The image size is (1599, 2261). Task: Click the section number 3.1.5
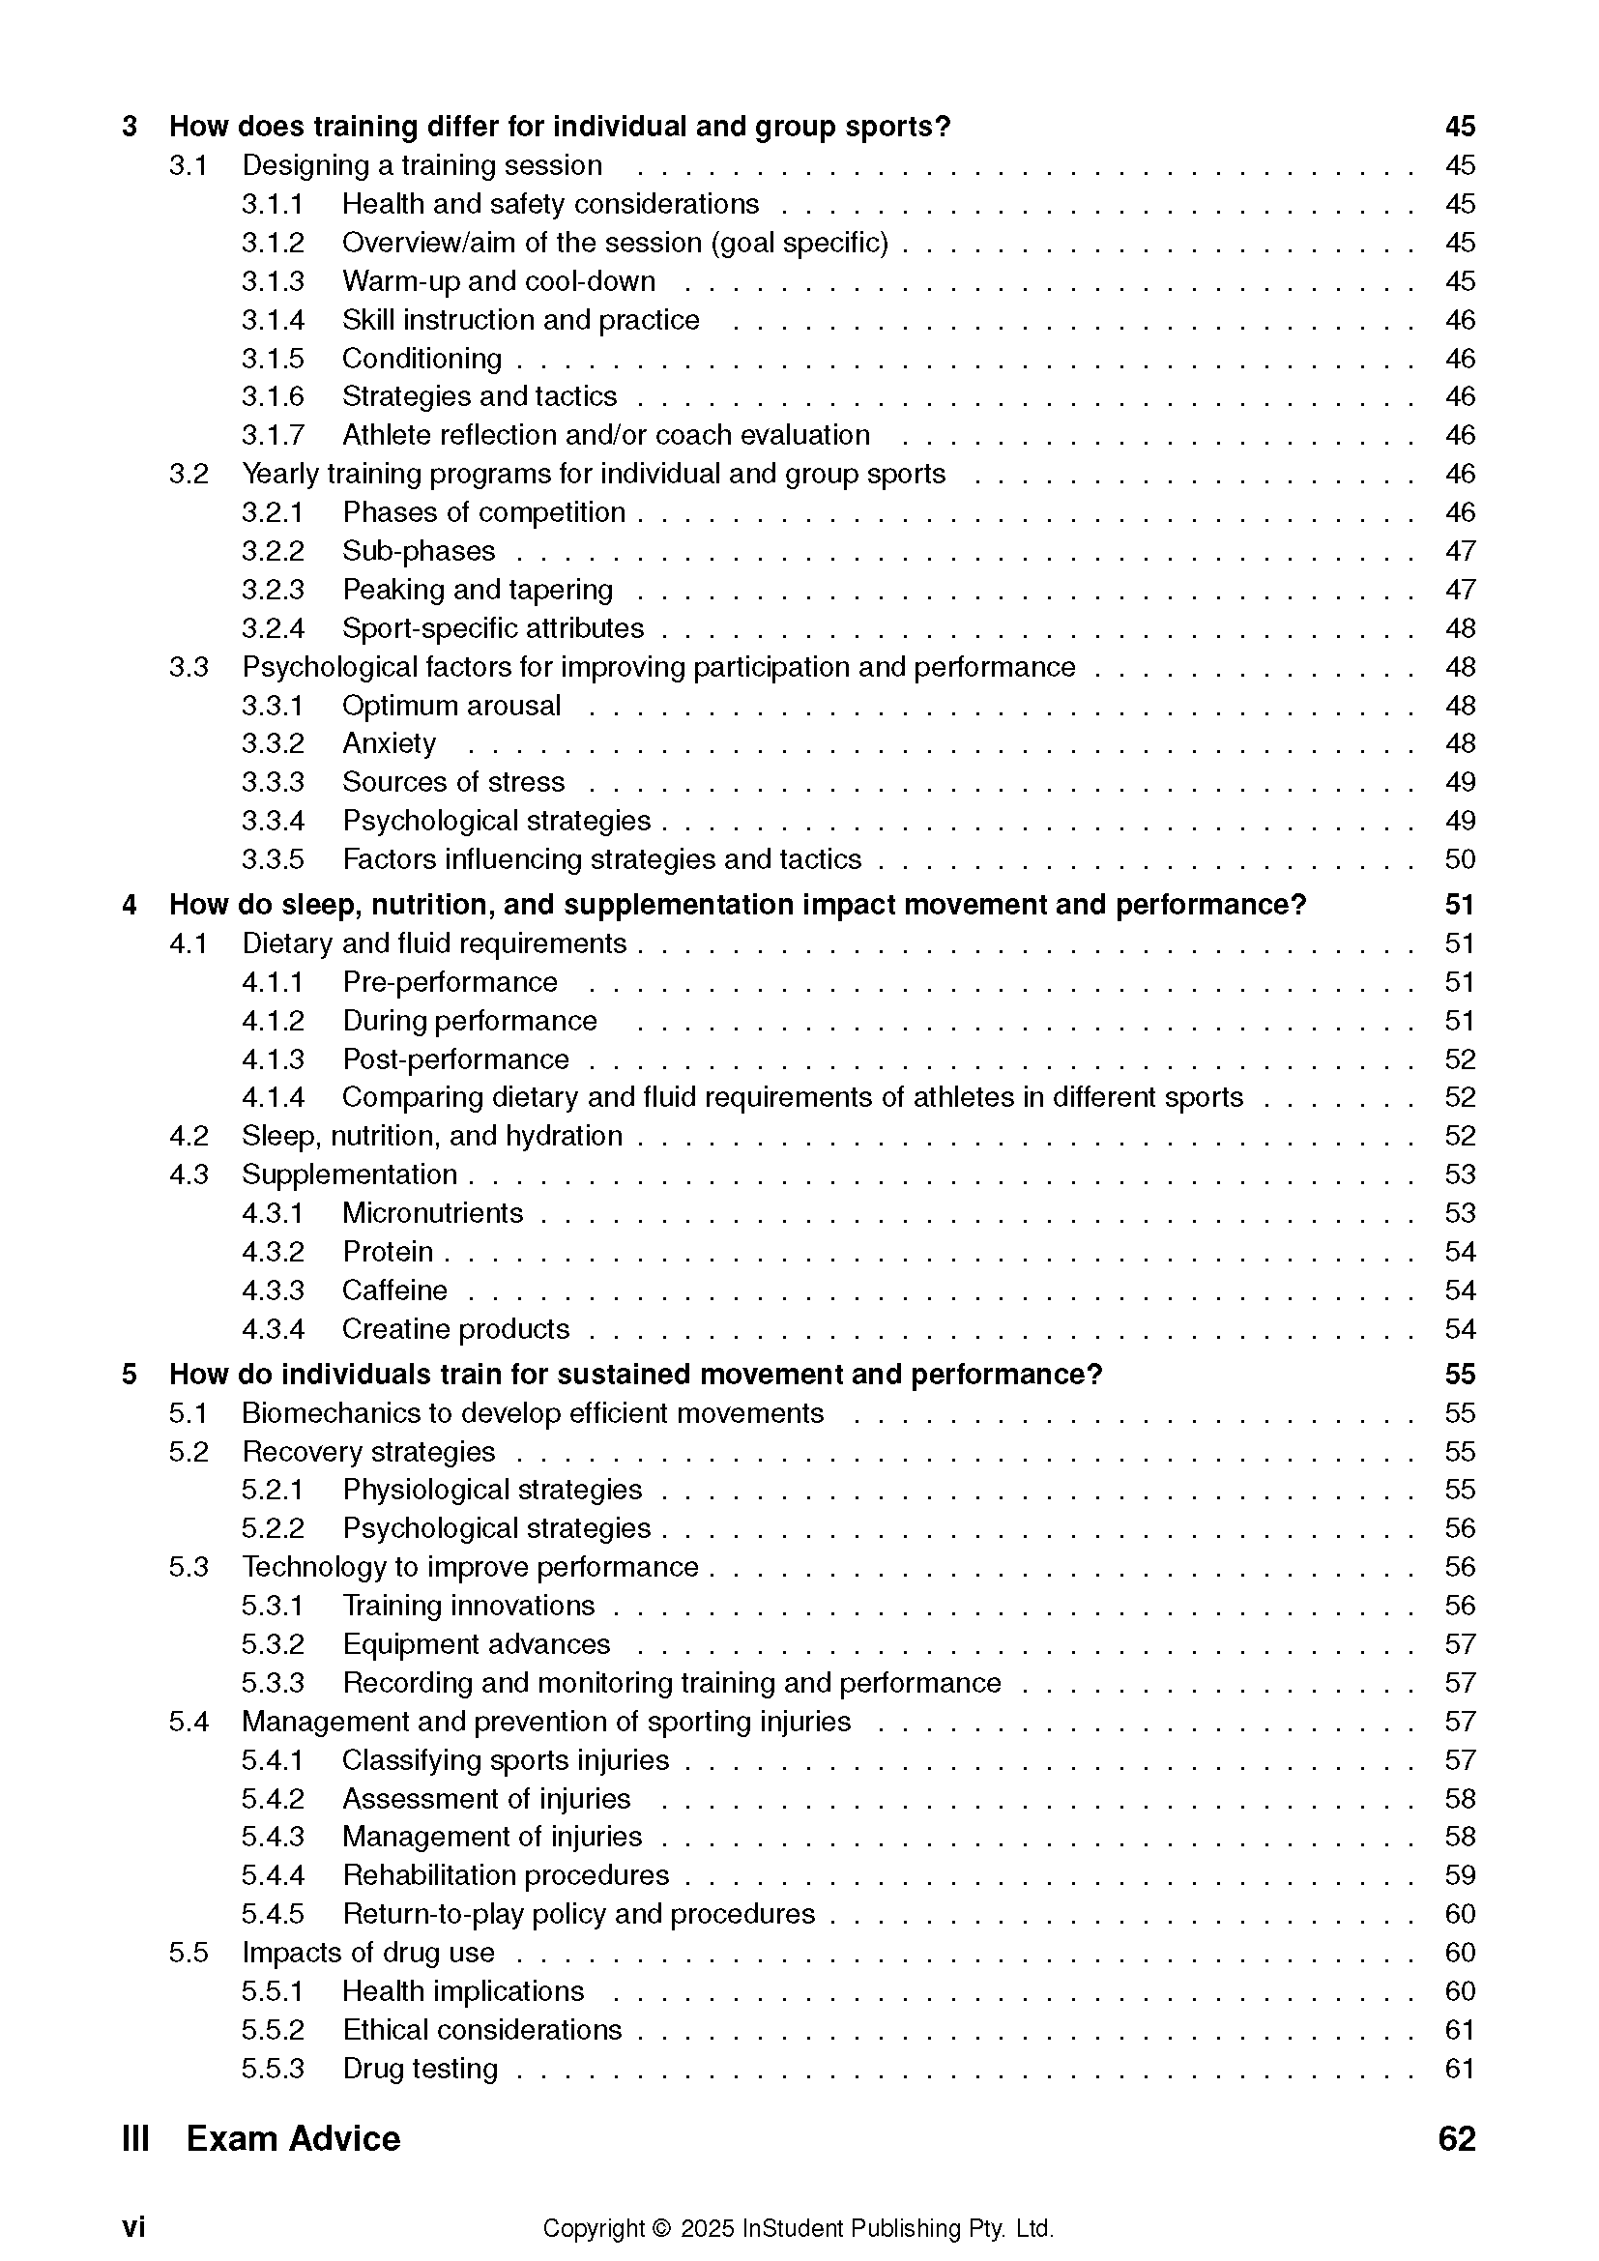[273, 359]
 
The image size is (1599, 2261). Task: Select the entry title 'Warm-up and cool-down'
[498, 281]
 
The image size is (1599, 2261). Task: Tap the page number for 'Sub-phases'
[1459, 550]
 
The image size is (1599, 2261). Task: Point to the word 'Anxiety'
[389, 743]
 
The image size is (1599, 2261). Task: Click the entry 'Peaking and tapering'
[478, 590]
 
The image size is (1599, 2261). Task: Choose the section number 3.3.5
[273, 859]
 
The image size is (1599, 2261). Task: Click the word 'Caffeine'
[393, 1290]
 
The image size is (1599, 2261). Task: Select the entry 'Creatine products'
[456, 1329]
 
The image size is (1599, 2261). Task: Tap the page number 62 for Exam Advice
[1456, 2139]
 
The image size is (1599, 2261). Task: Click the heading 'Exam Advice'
[294, 2139]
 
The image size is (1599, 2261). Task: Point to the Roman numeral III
[136, 2139]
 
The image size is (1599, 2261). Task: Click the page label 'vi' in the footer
[134, 2227]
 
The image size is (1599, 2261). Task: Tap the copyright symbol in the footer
[660, 2228]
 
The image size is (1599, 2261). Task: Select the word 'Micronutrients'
[432, 1213]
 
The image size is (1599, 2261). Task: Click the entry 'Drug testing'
[420, 2068]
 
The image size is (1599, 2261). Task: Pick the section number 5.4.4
[273, 1875]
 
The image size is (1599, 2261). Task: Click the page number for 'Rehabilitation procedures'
[1459, 1875]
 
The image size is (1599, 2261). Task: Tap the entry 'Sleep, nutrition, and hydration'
[432, 1137]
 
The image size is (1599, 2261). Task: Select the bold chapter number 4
[129, 905]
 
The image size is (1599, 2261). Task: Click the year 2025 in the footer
[707, 2228]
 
